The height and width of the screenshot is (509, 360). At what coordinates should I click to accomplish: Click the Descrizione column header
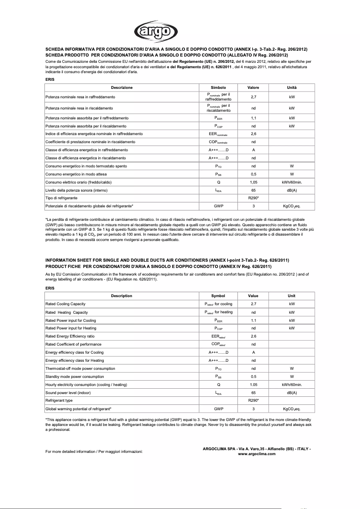click(122, 88)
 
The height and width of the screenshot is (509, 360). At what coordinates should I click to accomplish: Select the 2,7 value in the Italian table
click(253, 97)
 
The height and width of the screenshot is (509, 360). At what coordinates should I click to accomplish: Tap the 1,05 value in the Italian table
click(253, 182)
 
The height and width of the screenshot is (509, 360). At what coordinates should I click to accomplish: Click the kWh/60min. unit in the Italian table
click(292, 182)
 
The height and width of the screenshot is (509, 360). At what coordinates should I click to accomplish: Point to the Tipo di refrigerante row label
click(61, 198)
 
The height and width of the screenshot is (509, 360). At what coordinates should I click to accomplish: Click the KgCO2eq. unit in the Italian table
click(292, 206)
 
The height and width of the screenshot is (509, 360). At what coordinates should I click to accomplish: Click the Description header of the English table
click(122, 296)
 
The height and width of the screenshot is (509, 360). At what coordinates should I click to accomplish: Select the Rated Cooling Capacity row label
click(65, 304)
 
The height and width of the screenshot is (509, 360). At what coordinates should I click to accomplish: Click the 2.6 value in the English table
click(253, 336)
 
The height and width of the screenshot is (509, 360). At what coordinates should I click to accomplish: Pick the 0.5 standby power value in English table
click(253, 377)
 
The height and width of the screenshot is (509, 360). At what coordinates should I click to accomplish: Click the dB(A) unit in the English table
click(292, 392)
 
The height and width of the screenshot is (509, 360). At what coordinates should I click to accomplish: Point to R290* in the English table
click(253, 400)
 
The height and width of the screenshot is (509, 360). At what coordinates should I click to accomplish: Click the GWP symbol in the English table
click(218, 409)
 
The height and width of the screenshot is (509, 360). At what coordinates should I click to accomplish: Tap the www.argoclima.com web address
click(257, 454)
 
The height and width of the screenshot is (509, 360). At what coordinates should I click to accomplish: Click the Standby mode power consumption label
click(75, 377)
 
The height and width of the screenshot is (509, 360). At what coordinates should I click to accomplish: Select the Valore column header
click(253, 88)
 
